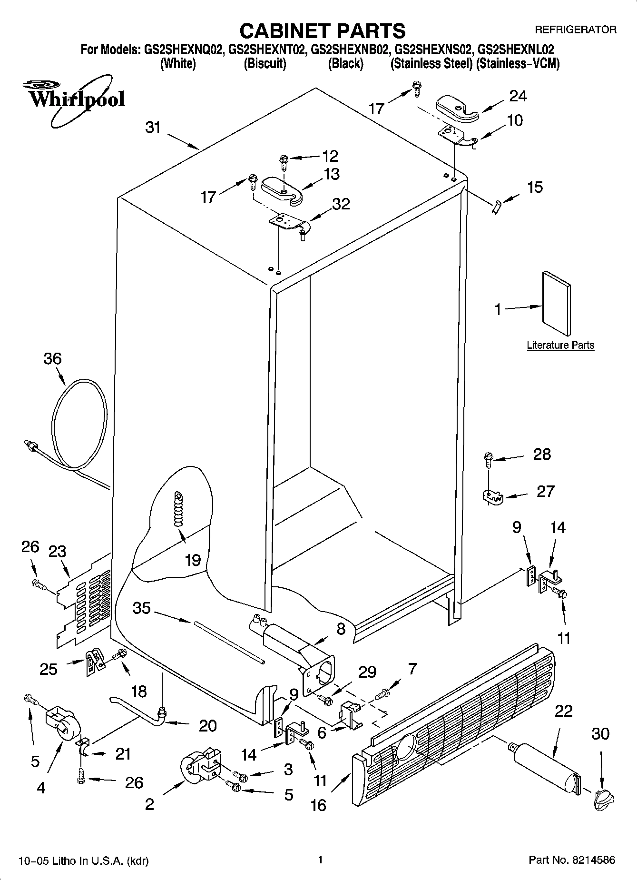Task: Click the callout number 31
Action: tap(153, 128)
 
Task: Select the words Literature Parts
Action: tap(560, 346)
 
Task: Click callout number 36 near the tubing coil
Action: tap(52, 358)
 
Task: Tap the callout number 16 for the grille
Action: tap(318, 805)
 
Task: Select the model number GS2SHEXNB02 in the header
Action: tap(352, 49)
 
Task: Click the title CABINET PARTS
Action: tap(322, 30)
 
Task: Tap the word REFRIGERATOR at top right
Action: tap(576, 30)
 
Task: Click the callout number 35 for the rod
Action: tap(142, 608)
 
